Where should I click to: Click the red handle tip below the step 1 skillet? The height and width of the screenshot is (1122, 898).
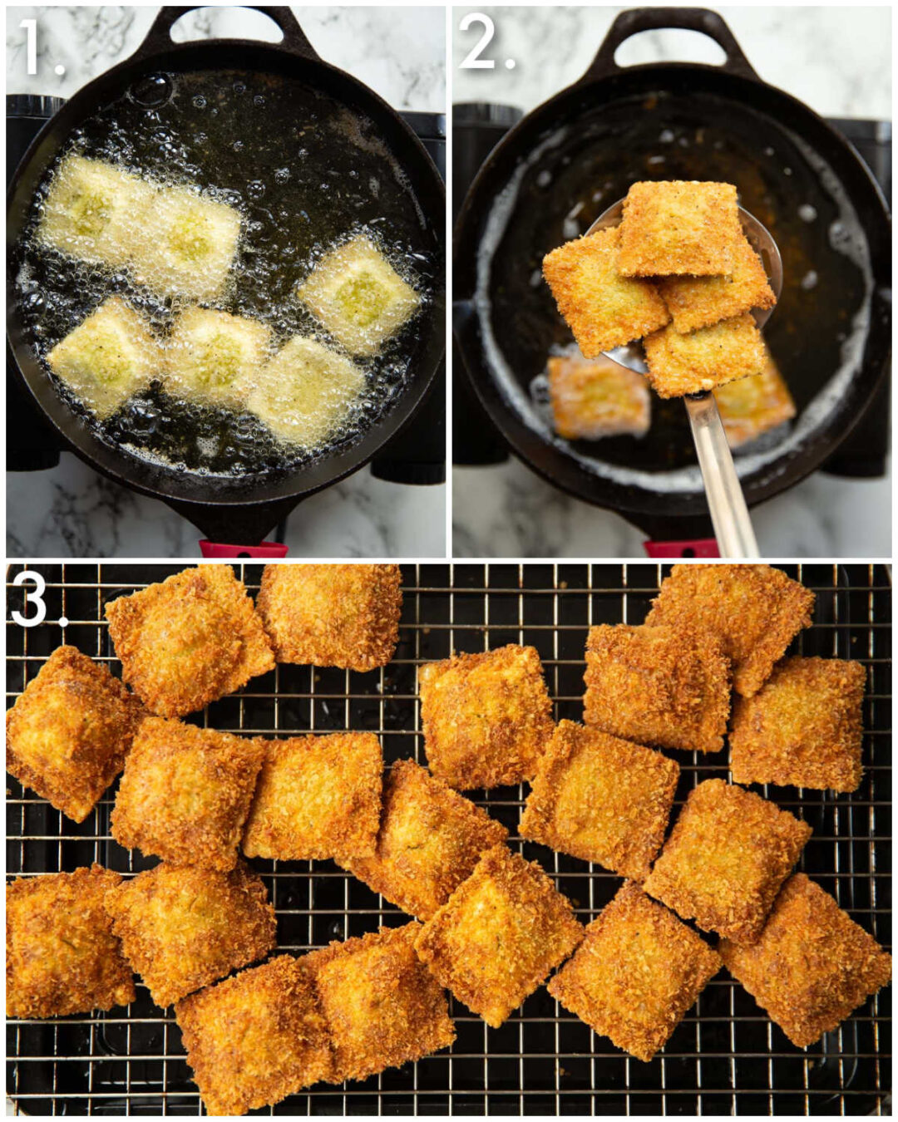(241, 548)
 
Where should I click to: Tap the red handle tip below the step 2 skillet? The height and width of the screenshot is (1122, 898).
(682, 548)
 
